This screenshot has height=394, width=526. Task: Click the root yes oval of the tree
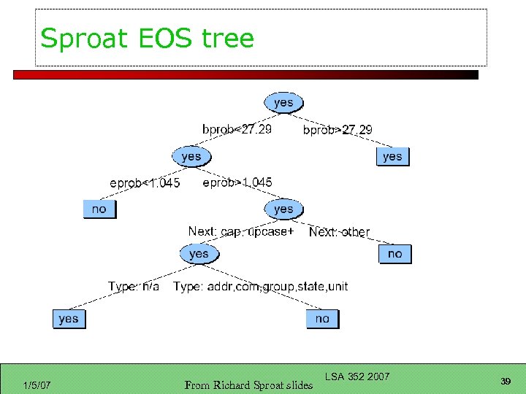pos(283,103)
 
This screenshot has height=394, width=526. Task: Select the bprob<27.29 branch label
pos(237,129)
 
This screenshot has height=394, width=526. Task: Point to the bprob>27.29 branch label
pos(337,130)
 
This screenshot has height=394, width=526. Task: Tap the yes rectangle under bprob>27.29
pos(392,156)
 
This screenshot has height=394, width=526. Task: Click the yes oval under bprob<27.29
pos(191,156)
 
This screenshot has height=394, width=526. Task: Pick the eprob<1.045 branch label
pos(145,182)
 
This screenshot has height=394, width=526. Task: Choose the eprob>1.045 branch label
pos(237,182)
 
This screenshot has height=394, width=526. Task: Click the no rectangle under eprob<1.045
pos(99,209)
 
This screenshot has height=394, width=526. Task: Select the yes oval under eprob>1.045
pos(283,209)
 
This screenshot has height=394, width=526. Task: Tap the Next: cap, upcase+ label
pos(241,231)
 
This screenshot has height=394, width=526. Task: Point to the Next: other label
pos(339,232)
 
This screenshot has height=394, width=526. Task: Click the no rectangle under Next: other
pos(394,254)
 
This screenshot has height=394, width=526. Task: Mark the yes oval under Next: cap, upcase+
pos(199,254)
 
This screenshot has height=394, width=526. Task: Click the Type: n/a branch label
pos(134,286)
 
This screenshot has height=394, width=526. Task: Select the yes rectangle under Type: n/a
pos(69,319)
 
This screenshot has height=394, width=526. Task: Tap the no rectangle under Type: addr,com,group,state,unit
pos(322,319)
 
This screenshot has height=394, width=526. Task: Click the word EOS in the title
pos(157,38)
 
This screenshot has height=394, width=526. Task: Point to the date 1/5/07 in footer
pos(37,385)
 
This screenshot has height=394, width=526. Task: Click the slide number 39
pos(505,382)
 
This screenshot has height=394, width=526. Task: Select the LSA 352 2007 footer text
pos(357,376)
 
